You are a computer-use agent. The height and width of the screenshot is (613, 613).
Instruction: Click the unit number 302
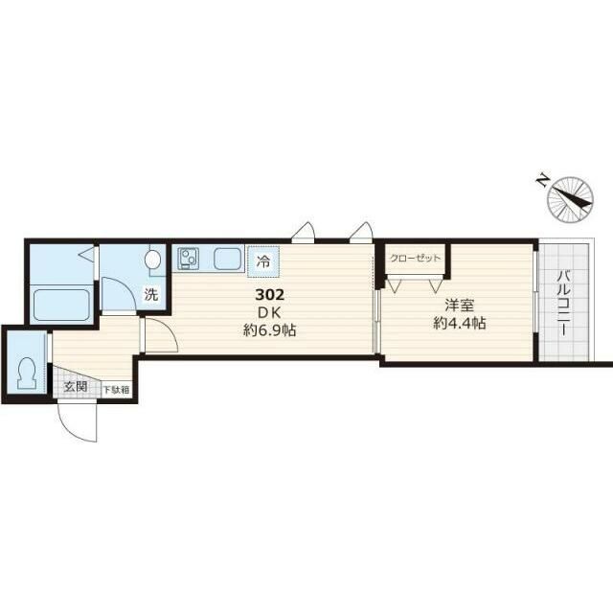268,296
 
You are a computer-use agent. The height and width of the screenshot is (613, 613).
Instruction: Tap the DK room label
268,313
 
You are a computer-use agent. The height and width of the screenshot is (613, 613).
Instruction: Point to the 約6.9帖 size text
268,331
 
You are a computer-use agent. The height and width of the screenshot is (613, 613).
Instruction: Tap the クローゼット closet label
416,258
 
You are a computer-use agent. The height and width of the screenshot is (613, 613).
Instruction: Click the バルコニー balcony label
563,303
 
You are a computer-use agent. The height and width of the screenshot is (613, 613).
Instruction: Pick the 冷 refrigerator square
261,259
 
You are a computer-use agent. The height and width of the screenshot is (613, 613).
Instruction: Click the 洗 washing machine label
151,294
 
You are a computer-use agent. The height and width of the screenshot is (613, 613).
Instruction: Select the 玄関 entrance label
76,387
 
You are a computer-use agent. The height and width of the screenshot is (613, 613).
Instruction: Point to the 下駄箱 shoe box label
116,390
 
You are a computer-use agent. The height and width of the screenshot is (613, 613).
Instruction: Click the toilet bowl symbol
26,372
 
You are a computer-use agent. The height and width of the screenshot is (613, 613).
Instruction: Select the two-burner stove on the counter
188,258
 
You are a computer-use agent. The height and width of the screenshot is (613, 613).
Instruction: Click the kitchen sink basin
228,259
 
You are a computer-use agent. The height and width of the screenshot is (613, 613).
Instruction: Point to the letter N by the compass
541,179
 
